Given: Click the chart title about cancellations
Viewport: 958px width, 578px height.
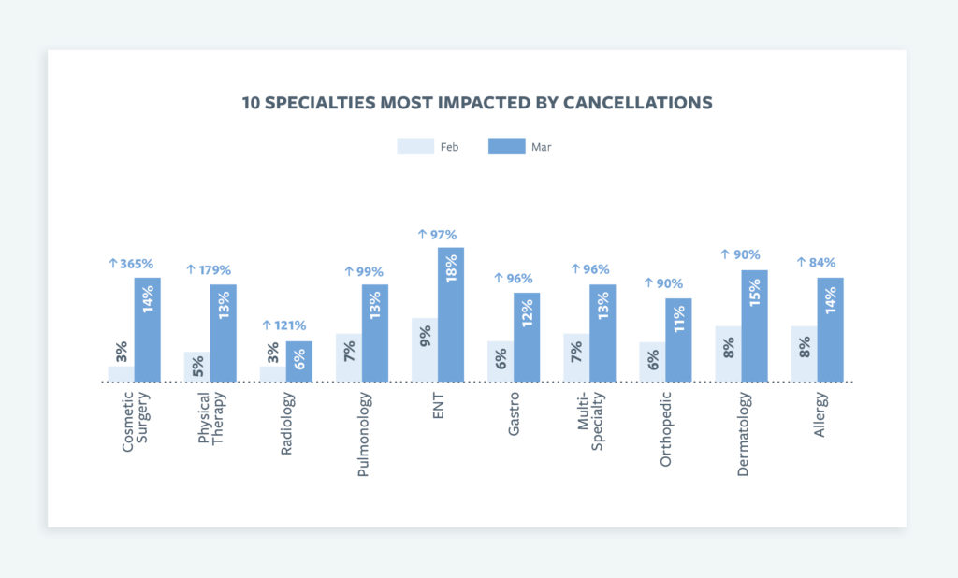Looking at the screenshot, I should pos(477,103).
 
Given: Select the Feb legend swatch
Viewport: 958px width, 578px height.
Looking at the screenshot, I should pos(414,147).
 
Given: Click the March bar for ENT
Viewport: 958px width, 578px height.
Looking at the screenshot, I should pos(451,314).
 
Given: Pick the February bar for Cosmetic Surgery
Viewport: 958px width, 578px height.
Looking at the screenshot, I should pos(121,373).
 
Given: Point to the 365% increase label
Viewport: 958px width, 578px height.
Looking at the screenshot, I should pos(134,264).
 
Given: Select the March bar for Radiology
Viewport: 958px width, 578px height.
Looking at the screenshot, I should pos(298,361).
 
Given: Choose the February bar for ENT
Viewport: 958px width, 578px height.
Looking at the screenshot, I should pos(425,350).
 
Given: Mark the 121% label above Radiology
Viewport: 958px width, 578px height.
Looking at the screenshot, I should pos(285,325).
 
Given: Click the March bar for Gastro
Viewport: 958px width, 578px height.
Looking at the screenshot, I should pos(527,337).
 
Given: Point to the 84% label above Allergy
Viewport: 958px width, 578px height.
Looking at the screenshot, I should pos(817,262).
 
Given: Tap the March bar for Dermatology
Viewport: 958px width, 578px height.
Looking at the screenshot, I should pos(754,325).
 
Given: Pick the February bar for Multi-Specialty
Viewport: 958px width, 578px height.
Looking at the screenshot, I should pos(576,357).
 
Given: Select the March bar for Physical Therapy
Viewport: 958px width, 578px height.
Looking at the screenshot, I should pos(223,333).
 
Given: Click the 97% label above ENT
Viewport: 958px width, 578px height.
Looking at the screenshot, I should pos(437,235).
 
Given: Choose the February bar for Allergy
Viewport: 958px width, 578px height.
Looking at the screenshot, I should pos(804,354).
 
